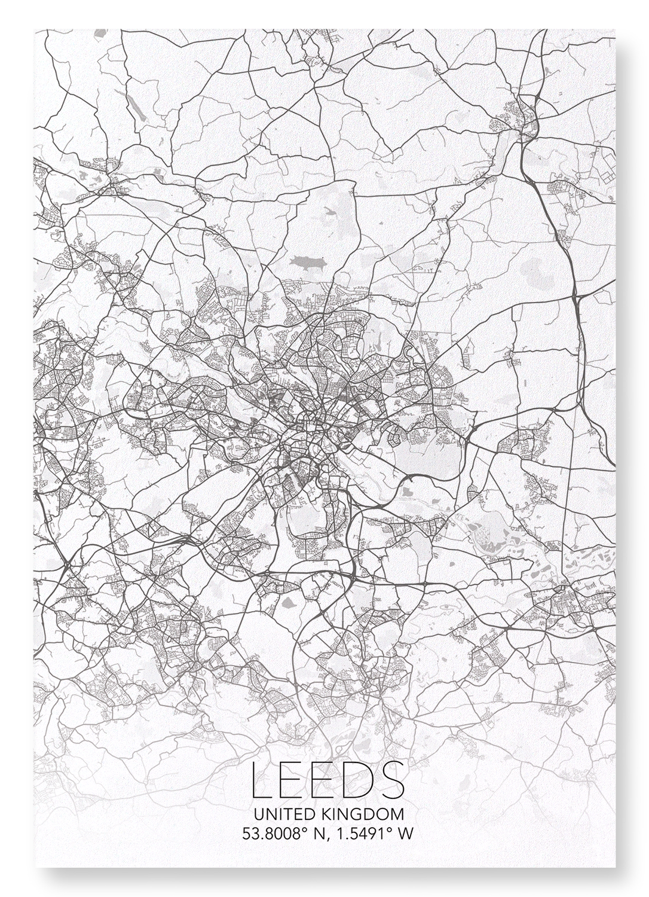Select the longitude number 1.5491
point(357,834)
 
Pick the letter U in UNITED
point(258,814)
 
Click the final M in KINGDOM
point(397,814)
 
